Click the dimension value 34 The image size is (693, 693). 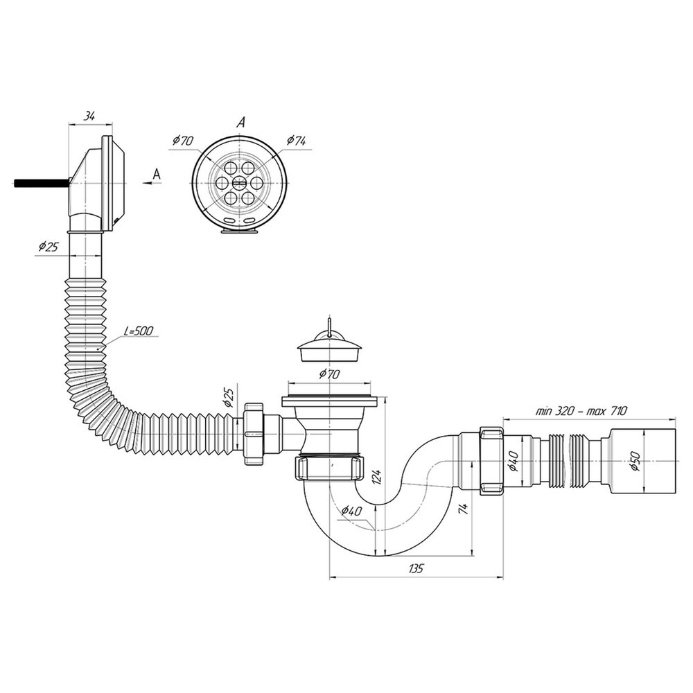(89, 116)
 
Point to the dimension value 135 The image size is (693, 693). (415, 568)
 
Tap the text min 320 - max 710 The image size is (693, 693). (581, 410)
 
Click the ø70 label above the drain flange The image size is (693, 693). (329, 375)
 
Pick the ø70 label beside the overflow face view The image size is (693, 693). (182, 140)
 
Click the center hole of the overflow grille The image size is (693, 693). (240, 182)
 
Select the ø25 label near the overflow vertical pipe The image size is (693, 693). (48, 246)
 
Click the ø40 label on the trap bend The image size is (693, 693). (351, 512)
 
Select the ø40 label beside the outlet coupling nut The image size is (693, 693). (514, 459)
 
